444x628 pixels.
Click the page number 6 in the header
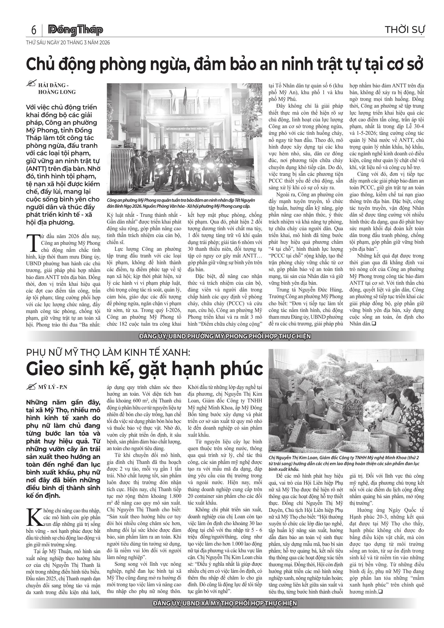pyautogui.click(x=34, y=30)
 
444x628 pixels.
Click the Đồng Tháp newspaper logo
pyautogui.click(x=75, y=30)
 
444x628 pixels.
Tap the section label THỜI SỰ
pyautogui.click(x=405, y=30)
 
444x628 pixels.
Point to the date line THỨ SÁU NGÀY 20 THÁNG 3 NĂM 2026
pyautogui.click(x=68, y=43)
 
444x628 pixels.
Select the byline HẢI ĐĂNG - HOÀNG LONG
pyautogui.click(x=57, y=89)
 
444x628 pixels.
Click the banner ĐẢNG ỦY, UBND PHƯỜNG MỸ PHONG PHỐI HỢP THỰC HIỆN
pyautogui.click(x=225, y=336)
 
